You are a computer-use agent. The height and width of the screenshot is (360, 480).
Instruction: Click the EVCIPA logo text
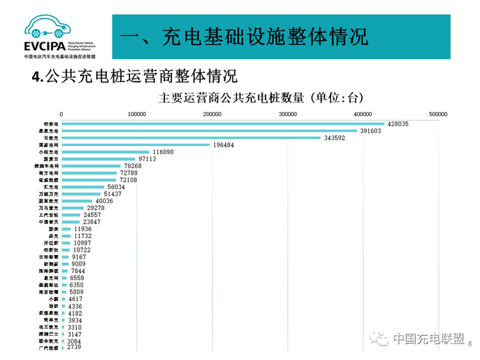(44, 47)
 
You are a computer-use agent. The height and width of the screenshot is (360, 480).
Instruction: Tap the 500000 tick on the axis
(438, 114)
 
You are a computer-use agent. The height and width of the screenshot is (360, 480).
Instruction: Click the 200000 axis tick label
(212, 114)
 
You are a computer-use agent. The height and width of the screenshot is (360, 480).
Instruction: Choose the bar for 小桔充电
(105, 152)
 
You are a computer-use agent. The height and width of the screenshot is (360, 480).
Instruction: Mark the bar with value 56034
(83, 187)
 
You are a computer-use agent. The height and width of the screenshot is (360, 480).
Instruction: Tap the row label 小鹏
(52, 299)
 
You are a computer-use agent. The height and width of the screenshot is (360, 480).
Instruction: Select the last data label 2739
(74, 347)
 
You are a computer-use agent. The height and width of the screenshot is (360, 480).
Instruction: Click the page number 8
(470, 344)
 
